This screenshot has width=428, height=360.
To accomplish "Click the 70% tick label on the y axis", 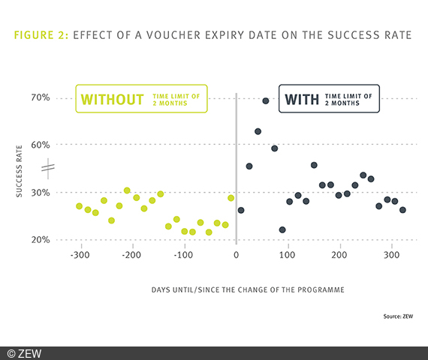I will pyautogui.click(x=40, y=98).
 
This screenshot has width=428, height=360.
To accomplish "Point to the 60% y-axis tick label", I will pyautogui.click(x=40, y=145).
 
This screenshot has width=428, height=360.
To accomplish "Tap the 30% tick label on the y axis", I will pyautogui.click(x=40, y=193).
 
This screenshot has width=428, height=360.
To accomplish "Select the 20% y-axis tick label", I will pyautogui.click(x=40, y=240).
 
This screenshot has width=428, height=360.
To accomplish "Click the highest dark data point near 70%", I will pyautogui.click(x=266, y=100).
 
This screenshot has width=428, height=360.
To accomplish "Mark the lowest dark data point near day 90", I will pyautogui.click(x=282, y=229).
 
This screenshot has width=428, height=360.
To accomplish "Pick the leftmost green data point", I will pyautogui.click(x=79, y=206).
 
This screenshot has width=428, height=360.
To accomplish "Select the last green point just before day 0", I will pyautogui.click(x=231, y=198).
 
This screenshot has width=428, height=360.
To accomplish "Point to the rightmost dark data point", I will pyautogui.click(x=402, y=210).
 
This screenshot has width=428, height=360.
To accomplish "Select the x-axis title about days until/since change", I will pyautogui.click(x=237, y=289).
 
